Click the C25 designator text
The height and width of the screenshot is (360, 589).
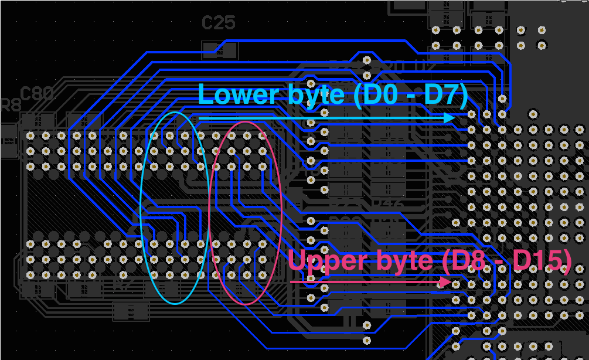click(218, 23)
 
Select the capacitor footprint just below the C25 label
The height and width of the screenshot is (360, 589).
click(220, 50)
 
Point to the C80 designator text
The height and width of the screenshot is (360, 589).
click(37, 94)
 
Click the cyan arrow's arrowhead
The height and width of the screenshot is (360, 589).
click(450, 118)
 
